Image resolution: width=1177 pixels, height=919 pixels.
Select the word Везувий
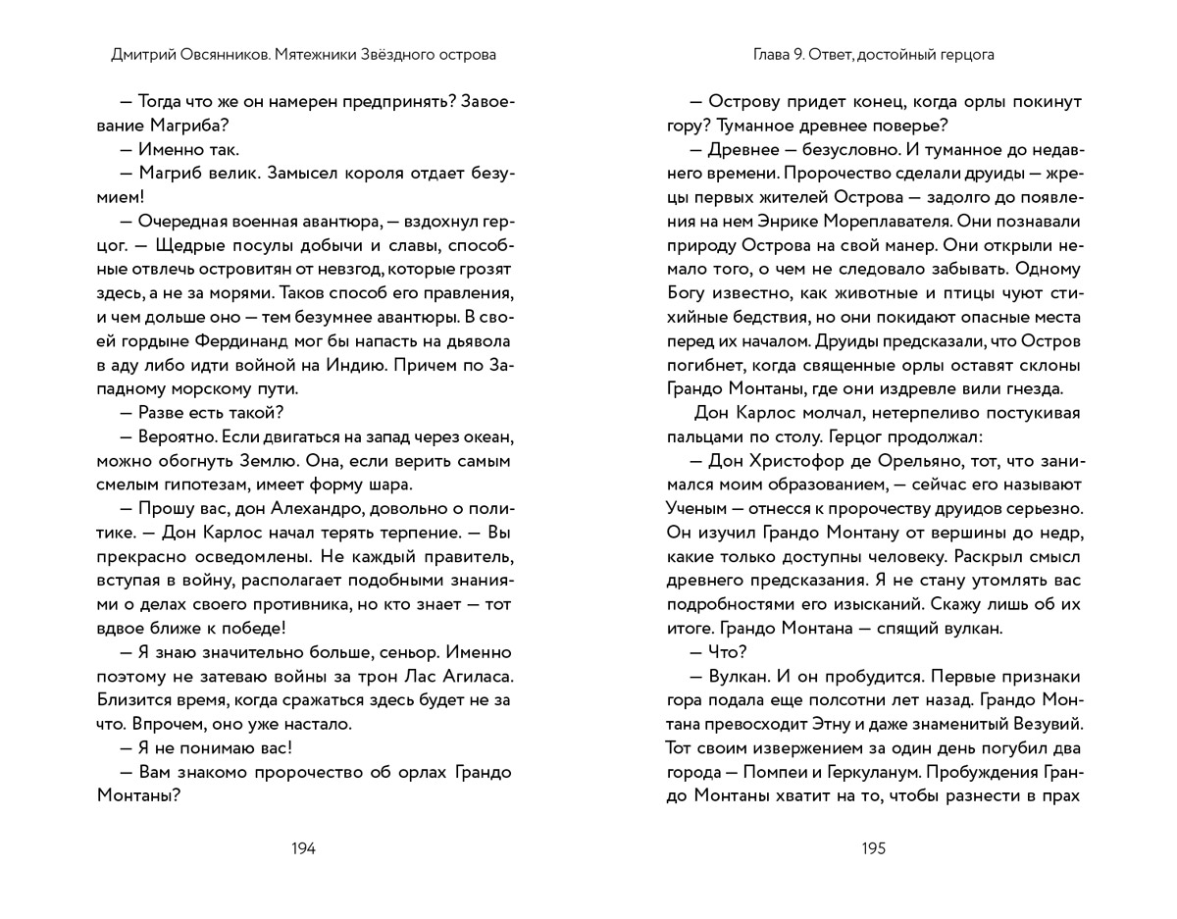point(1040,725)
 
